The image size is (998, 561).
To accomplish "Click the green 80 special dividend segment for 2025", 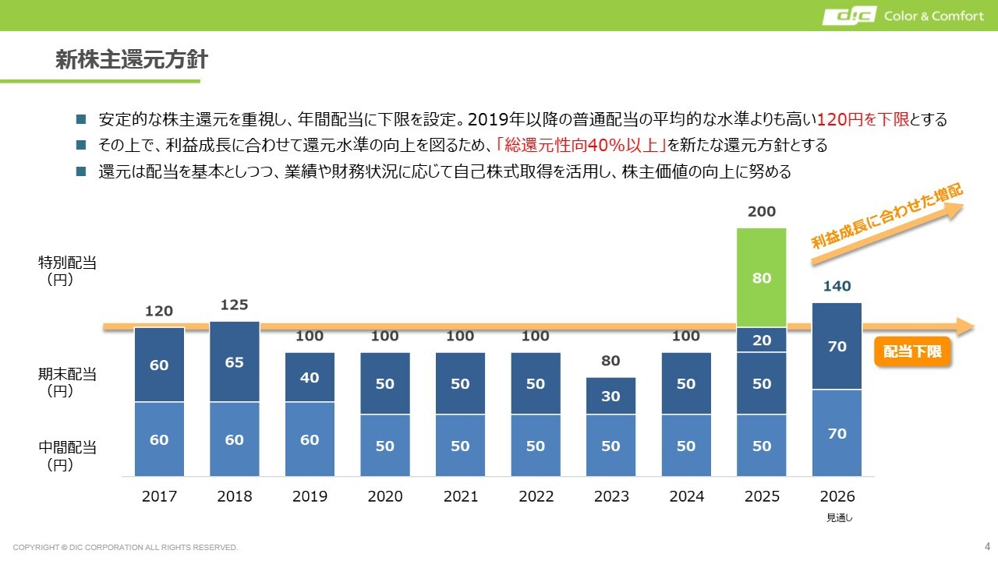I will pyautogui.click(x=762, y=277).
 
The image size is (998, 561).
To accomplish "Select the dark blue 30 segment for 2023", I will pyautogui.click(x=610, y=396).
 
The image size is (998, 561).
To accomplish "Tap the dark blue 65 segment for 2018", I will pyautogui.click(x=234, y=362).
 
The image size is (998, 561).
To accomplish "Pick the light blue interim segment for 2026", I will pyautogui.click(x=837, y=433).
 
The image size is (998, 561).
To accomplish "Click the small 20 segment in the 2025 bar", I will pyautogui.click(x=762, y=340).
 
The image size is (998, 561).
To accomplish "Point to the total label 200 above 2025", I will pyautogui.click(x=762, y=212).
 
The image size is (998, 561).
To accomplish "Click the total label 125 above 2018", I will pyautogui.click(x=234, y=305).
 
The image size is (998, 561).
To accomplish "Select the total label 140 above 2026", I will pyautogui.click(x=837, y=286).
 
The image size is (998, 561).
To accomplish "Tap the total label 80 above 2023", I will pyautogui.click(x=610, y=361).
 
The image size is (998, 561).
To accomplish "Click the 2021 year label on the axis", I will pyautogui.click(x=460, y=496).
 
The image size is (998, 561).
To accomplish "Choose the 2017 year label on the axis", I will pyautogui.click(x=159, y=496).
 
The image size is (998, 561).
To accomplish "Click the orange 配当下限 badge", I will pyautogui.click(x=912, y=351).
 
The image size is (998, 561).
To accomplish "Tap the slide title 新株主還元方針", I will pyautogui.click(x=131, y=61).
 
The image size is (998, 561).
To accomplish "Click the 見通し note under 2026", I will pyautogui.click(x=839, y=517).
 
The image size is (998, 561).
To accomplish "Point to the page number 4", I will pyautogui.click(x=987, y=545).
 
